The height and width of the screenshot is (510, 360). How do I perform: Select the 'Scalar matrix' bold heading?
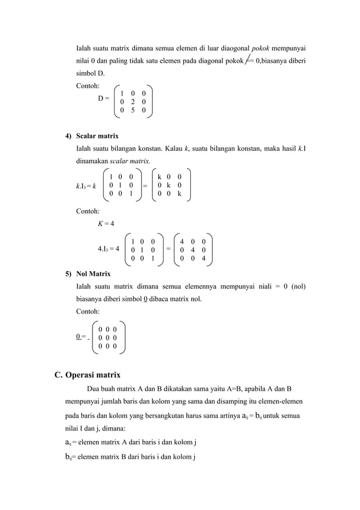97,136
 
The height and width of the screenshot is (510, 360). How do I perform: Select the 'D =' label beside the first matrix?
104,99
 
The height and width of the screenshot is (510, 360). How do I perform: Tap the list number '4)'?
68,136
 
